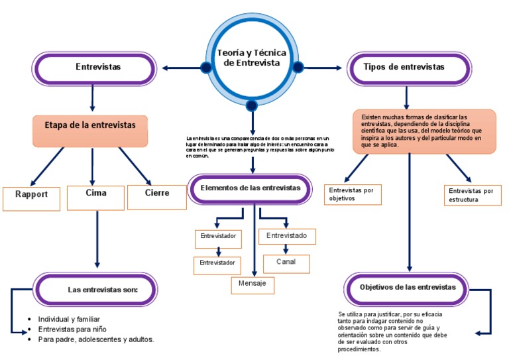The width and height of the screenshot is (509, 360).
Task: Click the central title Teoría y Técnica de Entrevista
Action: coord(252,57)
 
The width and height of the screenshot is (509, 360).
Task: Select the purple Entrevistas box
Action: coord(93,68)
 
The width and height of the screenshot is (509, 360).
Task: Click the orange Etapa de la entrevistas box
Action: coord(89,130)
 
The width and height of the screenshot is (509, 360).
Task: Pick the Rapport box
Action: coord(31,198)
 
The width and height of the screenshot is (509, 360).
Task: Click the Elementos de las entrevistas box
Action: coord(251,189)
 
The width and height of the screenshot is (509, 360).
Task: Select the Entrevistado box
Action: coord(286,236)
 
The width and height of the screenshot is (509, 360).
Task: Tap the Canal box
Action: coord(286,263)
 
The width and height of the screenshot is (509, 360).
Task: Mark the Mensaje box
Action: coord(252,284)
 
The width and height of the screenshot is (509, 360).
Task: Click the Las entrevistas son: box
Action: coord(96,290)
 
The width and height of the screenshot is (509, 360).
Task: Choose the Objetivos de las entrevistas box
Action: coord(408,288)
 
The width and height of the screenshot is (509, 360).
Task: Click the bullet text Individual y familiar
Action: coord(69,319)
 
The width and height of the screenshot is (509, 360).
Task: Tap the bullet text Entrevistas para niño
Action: coord(72,329)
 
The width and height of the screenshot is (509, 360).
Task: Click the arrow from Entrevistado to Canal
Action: coord(286,249)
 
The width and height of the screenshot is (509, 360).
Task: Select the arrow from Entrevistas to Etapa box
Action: coord(92,98)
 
